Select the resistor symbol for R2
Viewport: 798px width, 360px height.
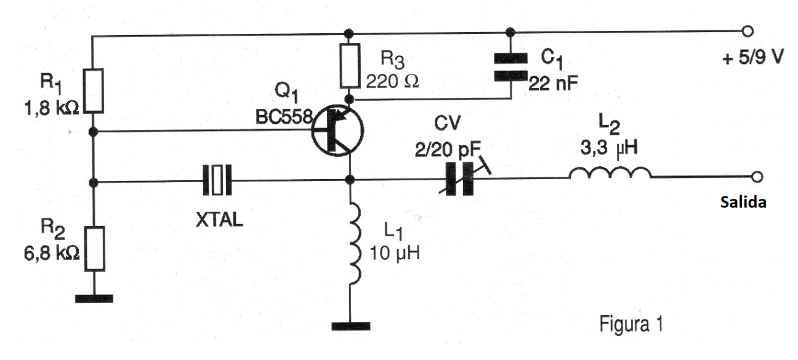pyautogui.click(x=93, y=249)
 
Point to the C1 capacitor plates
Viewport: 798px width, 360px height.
pyautogui.click(x=510, y=66)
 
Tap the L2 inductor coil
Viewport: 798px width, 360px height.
pyautogui.click(x=610, y=175)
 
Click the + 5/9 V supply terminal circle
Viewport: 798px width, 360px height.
pyautogui.click(x=748, y=31)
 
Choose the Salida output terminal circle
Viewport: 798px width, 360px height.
pyautogui.click(x=757, y=177)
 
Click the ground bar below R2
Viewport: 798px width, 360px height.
pyautogui.click(x=94, y=299)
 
